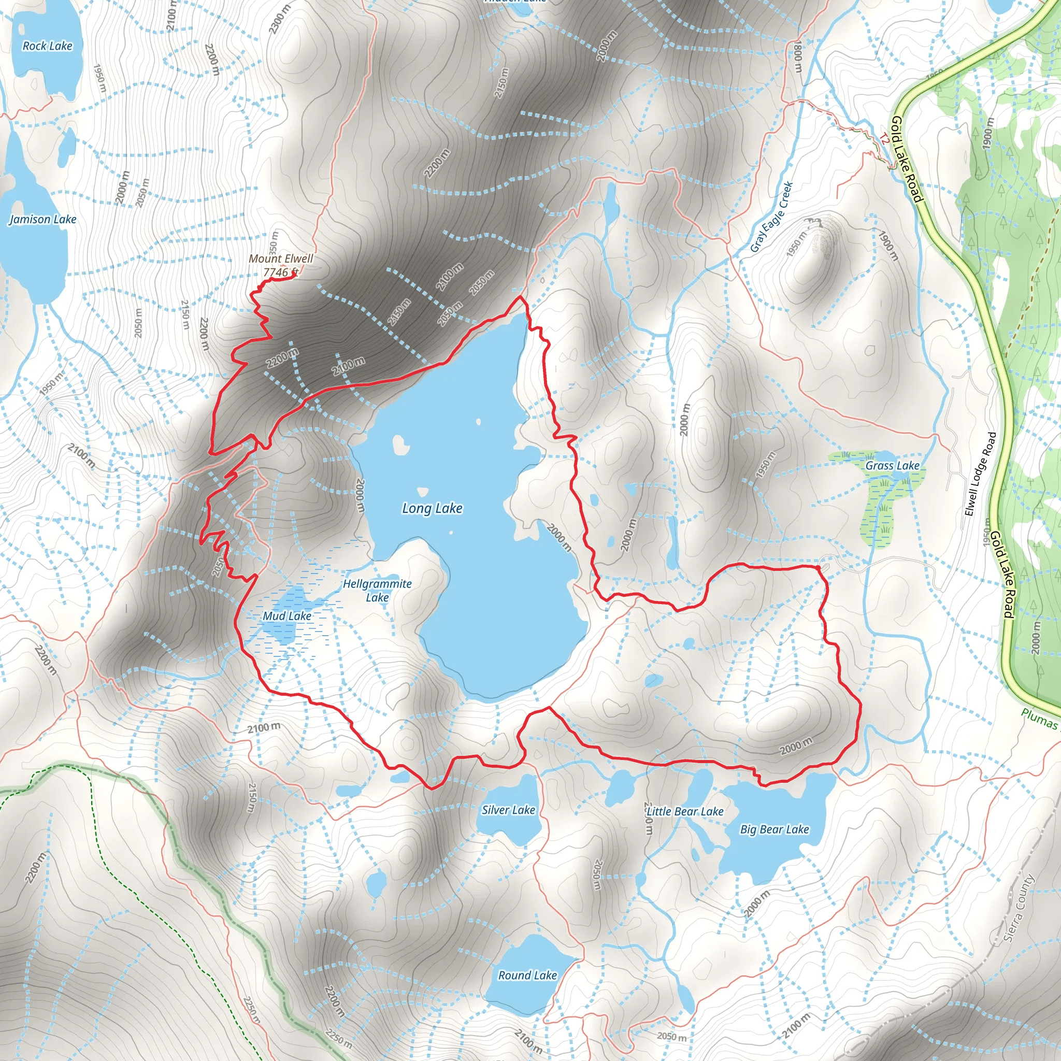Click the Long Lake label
432,508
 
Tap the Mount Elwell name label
281,259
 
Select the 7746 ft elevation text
280,272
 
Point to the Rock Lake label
47,46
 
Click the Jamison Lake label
43,219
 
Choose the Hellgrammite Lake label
377,591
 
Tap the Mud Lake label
286,616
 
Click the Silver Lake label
508,810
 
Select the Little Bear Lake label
685,812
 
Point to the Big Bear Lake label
775,829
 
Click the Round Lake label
527,976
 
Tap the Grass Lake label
893,466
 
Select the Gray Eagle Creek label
771,217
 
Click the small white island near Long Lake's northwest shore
401,445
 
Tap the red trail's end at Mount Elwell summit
294,276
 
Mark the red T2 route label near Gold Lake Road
884,138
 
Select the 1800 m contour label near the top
798,58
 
